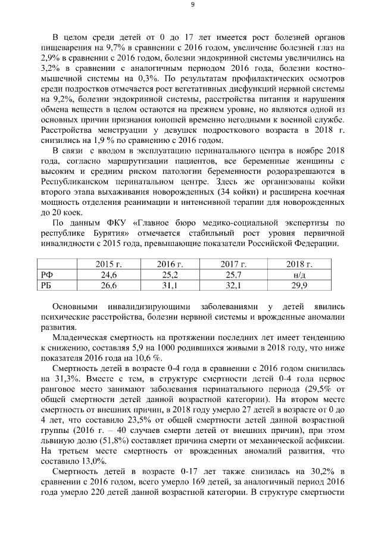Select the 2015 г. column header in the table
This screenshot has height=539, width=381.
(x=108, y=264)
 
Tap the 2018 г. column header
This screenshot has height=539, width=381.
(x=299, y=264)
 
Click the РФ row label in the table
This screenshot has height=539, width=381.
(x=46, y=275)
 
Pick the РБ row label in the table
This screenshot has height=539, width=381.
(x=46, y=285)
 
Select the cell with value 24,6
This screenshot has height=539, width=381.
(x=108, y=275)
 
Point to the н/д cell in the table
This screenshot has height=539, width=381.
(x=299, y=275)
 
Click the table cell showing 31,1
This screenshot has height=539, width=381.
(x=170, y=285)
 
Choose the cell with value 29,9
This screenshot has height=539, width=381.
(x=299, y=285)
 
